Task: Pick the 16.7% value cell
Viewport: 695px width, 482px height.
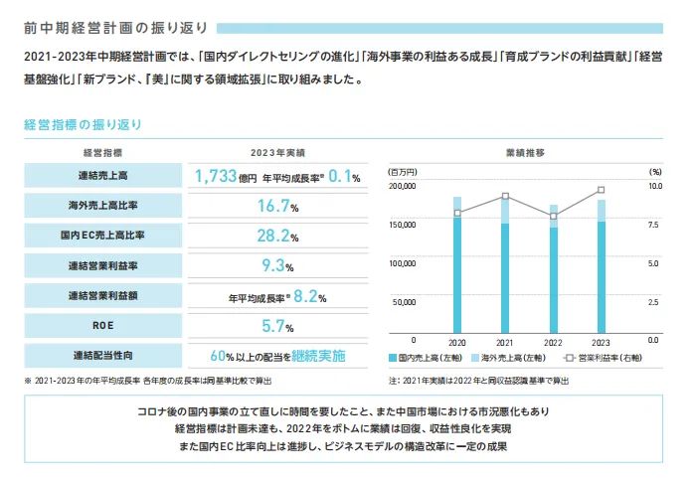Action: point(277,207)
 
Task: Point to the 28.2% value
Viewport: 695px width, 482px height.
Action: point(277,236)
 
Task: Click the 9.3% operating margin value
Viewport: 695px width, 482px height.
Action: point(277,265)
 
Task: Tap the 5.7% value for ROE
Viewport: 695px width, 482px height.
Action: point(277,325)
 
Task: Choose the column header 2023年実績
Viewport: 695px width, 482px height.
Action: point(277,153)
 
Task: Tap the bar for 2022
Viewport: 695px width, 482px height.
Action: point(553,268)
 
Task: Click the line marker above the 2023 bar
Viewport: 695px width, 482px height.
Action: point(602,190)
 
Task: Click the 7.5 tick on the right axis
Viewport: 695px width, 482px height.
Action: point(653,225)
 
